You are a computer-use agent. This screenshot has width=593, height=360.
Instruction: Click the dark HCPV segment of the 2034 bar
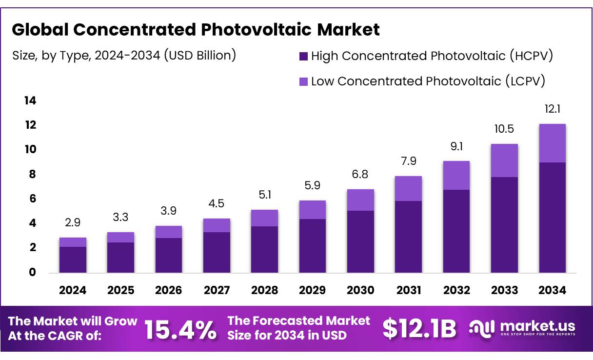click(x=553, y=217)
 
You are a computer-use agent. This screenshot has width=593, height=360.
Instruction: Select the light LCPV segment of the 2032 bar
click(x=456, y=175)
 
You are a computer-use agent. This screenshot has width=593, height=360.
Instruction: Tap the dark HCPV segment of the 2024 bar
click(x=73, y=260)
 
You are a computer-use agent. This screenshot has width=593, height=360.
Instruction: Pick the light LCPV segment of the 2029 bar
click(x=312, y=210)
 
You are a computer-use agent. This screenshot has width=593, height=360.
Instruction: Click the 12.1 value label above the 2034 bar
click(x=553, y=109)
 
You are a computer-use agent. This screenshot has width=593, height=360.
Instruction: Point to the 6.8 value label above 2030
click(x=360, y=175)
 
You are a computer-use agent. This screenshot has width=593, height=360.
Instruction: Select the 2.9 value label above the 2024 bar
click(x=73, y=223)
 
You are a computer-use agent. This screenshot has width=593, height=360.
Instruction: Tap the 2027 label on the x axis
click(x=217, y=290)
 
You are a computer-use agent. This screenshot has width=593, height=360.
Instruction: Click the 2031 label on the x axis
click(x=409, y=290)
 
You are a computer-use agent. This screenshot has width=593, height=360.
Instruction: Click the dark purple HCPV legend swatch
click(x=303, y=56)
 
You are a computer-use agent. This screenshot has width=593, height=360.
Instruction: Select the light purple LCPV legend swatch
click(x=303, y=81)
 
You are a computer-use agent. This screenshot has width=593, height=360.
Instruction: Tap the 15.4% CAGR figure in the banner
click(x=181, y=330)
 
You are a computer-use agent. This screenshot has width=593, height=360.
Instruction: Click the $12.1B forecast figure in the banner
click(x=420, y=329)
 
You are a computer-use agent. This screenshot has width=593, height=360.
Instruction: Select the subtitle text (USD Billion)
click(x=200, y=55)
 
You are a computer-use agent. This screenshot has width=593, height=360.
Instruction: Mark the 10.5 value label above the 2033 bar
click(x=504, y=129)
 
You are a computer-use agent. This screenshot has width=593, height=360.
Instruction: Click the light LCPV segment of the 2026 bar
click(x=169, y=232)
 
